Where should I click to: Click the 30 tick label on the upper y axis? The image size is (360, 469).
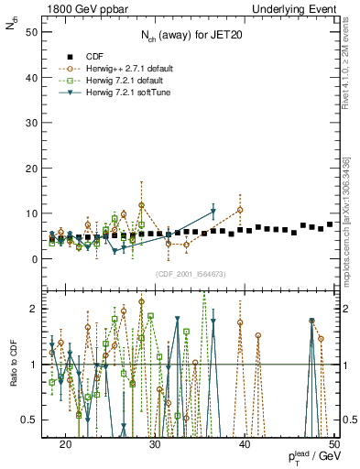pyautogui.click(x=34, y=122)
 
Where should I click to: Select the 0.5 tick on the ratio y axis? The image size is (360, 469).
pyautogui.click(x=32, y=420)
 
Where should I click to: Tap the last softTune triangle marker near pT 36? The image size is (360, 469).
pyautogui.click(x=213, y=212)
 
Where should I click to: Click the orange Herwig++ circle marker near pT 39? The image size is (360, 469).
pyautogui.click(x=240, y=210)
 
